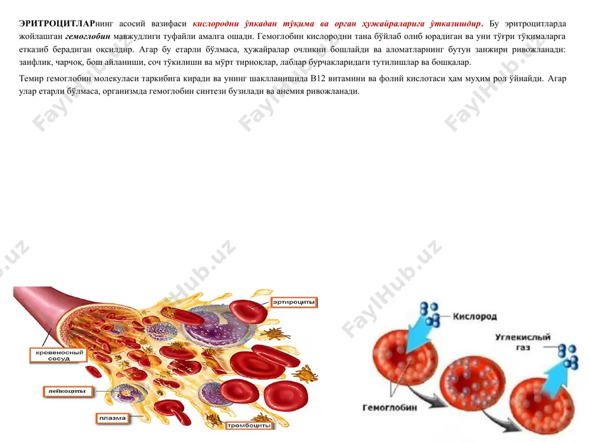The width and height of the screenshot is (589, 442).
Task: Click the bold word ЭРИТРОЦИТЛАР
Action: (x=57, y=24)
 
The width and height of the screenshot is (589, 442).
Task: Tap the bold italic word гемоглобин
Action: (x=88, y=37)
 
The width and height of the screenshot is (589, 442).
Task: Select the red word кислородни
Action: (x=216, y=24)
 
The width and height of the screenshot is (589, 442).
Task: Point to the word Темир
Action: (x=32, y=78)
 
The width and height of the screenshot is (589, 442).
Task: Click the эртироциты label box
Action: (x=294, y=302)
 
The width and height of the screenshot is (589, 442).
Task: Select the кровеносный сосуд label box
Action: (x=58, y=355)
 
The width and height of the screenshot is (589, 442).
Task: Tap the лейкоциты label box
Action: (x=67, y=391)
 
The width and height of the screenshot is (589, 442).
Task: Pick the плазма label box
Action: (x=112, y=418)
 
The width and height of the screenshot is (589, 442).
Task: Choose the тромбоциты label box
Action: (x=249, y=425)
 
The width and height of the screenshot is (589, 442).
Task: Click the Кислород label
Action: (x=475, y=316)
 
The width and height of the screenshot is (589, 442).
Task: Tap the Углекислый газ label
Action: (x=523, y=342)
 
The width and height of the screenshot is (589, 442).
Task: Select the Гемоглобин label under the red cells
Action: (x=389, y=407)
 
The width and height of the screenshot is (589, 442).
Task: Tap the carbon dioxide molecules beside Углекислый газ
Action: (x=568, y=357)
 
